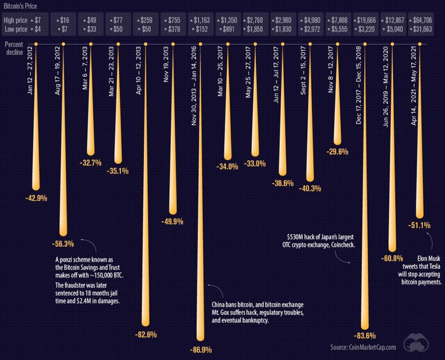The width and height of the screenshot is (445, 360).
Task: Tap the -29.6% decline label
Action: click(x=337, y=152)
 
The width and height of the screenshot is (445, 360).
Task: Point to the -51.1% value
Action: click(x=419, y=225)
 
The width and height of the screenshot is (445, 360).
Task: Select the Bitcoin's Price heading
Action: click(x=21, y=6)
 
